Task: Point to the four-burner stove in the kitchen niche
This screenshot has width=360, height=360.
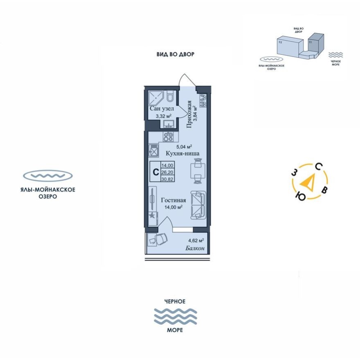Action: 169,137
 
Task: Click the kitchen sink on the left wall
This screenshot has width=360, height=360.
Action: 154,151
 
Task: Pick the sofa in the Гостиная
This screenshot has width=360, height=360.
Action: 198,205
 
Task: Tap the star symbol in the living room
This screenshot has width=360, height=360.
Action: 152,216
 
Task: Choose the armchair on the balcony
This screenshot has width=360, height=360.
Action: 160,239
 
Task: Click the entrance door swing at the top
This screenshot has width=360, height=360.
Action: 187,80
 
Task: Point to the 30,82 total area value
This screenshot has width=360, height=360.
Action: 167,180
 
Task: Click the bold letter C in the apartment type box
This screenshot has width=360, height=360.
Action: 155,173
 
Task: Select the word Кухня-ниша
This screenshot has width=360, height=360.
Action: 182,153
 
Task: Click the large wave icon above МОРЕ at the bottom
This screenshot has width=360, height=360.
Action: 175,317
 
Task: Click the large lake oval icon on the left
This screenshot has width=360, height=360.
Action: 48,176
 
